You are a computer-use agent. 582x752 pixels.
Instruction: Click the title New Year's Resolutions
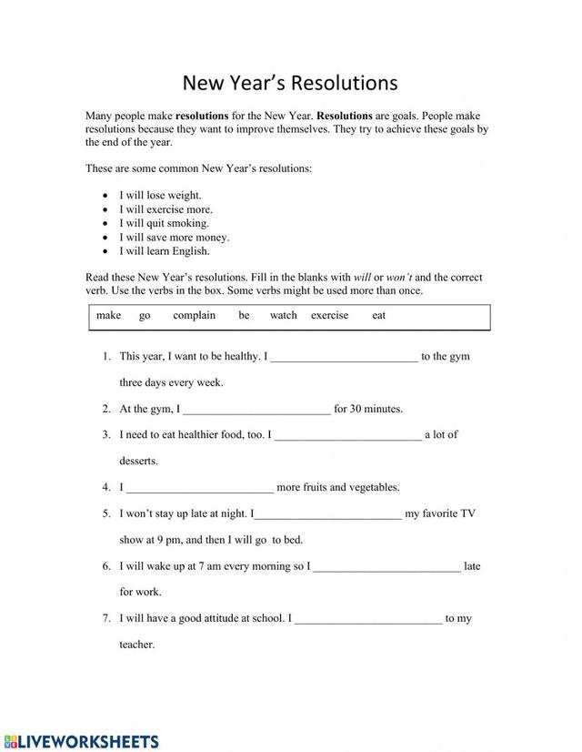tap(290, 83)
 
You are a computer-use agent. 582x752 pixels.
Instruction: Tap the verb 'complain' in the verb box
tap(194, 316)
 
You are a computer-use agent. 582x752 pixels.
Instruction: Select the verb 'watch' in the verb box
tap(283, 316)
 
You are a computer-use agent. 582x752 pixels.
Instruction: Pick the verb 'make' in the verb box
tap(108, 316)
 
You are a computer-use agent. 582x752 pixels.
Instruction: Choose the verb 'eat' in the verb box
tap(379, 316)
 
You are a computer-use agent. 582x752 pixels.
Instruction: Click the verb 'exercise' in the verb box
tap(329, 316)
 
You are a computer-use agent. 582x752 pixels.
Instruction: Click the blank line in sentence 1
tap(345, 358)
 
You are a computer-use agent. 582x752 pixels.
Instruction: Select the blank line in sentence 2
tap(257, 410)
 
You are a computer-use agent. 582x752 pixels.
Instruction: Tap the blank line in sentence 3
tap(348, 436)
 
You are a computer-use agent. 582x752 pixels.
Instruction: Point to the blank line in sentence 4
tap(199, 488)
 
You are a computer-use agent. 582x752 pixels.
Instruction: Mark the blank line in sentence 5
tap(326, 514)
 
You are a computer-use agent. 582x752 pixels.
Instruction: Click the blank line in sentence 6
tap(386, 567)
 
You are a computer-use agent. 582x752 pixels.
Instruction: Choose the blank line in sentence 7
tap(368, 620)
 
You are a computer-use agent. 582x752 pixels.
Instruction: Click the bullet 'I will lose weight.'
tap(160, 196)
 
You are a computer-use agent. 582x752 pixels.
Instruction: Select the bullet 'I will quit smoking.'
tap(164, 223)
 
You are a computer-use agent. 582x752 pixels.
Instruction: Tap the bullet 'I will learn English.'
tap(165, 251)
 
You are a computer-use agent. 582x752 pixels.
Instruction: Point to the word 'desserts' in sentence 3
tap(138, 462)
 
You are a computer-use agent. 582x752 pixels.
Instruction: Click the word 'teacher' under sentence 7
tap(136, 645)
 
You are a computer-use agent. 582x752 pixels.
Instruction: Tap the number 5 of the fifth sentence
tap(106, 514)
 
